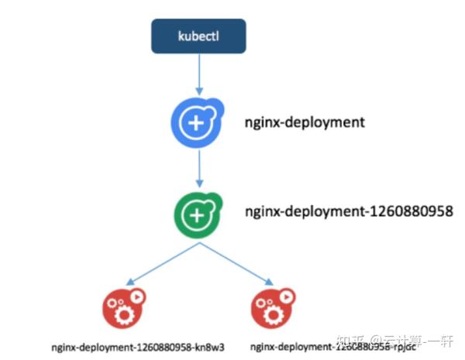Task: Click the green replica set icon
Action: pos(198,213)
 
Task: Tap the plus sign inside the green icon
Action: pos(196,214)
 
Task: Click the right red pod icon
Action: pos(273,307)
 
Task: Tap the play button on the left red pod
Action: pos(136,297)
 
